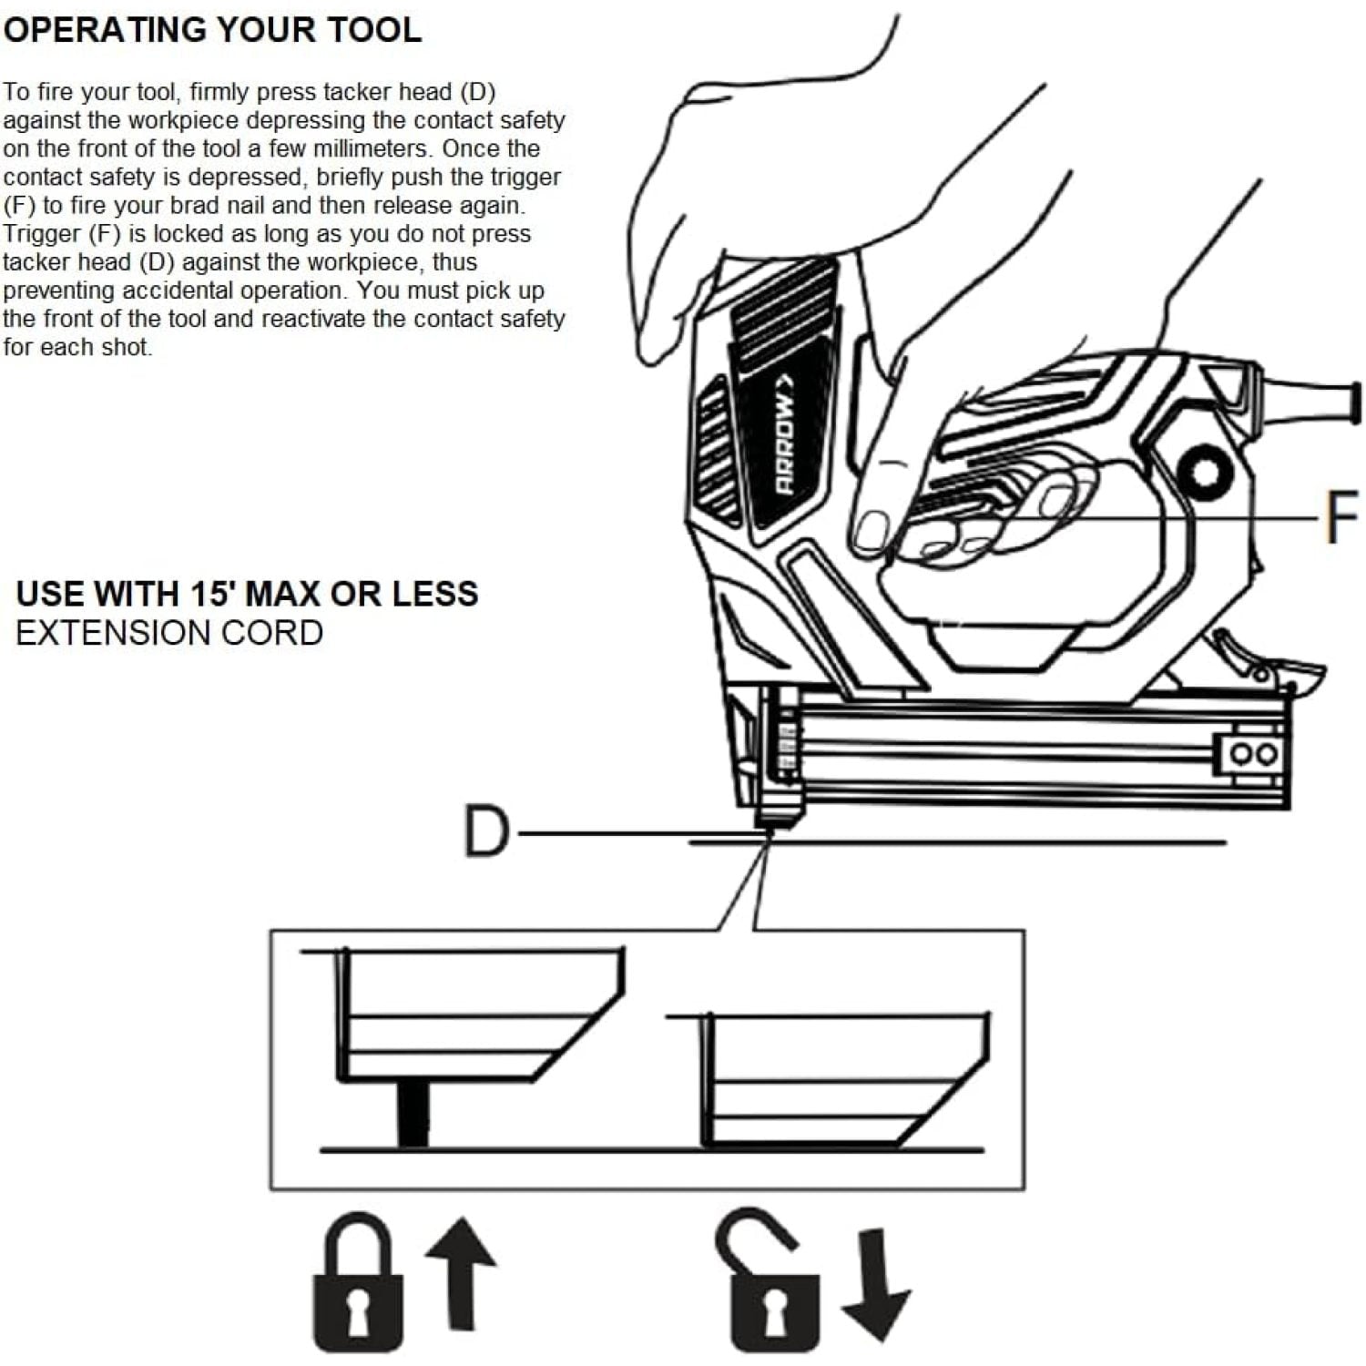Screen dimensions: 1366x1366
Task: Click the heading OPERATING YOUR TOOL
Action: pyautogui.click(x=212, y=29)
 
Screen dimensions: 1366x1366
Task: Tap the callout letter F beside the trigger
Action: pyautogui.click(x=1341, y=517)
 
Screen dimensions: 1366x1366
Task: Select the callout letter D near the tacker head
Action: pyautogui.click(x=486, y=831)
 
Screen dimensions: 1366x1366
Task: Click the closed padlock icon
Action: pyautogui.click(x=358, y=1284)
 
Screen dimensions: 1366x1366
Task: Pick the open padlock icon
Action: pyautogui.click(x=767, y=1284)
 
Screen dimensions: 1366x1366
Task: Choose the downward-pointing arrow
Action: pyautogui.click(x=875, y=1284)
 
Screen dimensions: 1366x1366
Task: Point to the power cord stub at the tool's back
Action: pyautogui.click(x=1311, y=398)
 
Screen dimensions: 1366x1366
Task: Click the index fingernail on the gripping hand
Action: pyautogui.click(x=872, y=530)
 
